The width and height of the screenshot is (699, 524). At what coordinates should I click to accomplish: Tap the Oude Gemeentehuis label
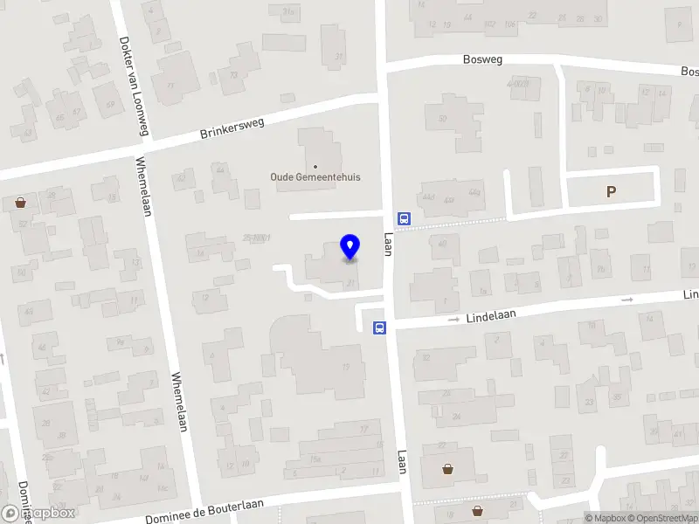pos(315,176)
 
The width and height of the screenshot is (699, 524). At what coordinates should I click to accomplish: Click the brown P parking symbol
pos(612,192)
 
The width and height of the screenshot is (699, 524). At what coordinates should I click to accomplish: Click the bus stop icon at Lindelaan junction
pos(380,327)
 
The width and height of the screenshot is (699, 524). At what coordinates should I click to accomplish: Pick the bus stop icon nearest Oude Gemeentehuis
pos(405,218)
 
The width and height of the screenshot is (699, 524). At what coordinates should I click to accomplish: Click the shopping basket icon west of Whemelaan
pos(21,203)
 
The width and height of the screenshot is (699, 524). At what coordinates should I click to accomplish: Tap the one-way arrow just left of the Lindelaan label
pos(453,321)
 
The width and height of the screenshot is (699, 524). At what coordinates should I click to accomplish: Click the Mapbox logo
pos(38,514)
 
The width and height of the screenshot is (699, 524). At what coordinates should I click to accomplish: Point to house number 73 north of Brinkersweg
pos(233,75)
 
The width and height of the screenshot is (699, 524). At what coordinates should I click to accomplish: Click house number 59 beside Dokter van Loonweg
pos(110,105)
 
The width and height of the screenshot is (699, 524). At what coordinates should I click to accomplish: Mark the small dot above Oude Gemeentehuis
pos(315,165)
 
